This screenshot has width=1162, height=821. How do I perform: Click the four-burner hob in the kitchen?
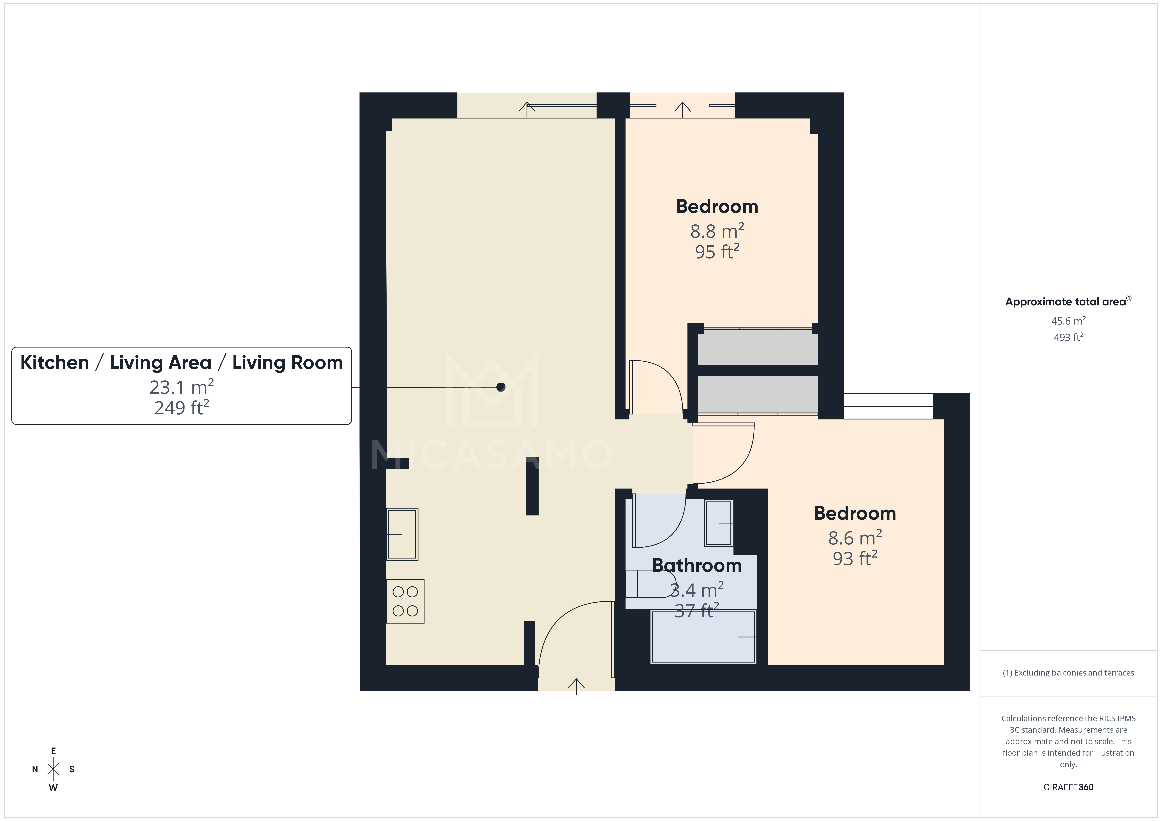(405, 601)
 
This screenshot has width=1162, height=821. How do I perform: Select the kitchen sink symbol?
(402, 534)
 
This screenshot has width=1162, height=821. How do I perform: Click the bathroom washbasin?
(719, 523)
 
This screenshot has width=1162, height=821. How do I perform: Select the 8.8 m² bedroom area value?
(717, 231)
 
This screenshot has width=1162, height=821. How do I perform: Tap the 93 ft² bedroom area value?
(855, 559)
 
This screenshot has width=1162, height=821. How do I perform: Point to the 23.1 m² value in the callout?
(181, 387)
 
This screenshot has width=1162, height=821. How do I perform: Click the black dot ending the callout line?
(501, 387)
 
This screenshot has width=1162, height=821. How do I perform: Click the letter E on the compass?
(53, 751)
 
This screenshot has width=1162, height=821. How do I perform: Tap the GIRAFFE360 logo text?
(1068, 787)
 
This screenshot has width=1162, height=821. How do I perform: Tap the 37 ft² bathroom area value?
(696, 611)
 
